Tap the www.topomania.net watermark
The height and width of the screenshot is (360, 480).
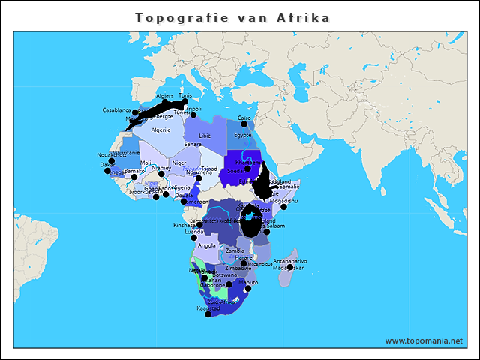[x=423, y=340]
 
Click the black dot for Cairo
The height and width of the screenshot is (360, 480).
[x=244, y=124]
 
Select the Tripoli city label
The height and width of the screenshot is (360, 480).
[x=193, y=109]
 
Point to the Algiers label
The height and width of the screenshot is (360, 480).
[x=164, y=96]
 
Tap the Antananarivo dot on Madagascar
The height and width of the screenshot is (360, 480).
[x=289, y=267]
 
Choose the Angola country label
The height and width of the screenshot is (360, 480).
[x=207, y=245]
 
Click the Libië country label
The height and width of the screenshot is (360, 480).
[x=205, y=136]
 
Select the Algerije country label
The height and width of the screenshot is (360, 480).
[x=160, y=130]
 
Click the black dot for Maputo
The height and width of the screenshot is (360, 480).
[x=248, y=289]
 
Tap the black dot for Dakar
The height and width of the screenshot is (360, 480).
[x=107, y=171]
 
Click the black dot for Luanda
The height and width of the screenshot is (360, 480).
[x=194, y=238]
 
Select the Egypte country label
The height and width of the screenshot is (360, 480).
[x=243, y=136]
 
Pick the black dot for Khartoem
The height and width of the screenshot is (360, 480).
[x=247, y=169]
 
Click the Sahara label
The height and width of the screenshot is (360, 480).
[x=193, y=144]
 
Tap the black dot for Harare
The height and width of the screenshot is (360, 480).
[x=243, y=263]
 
